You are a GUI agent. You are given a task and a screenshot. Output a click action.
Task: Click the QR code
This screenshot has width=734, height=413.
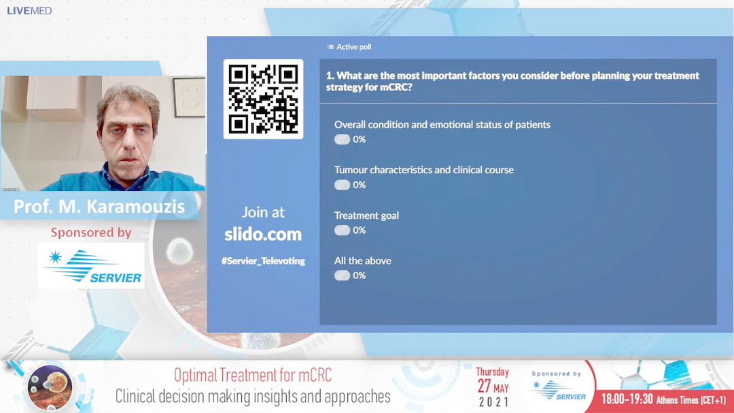pyautogui.click(x=263, y=99)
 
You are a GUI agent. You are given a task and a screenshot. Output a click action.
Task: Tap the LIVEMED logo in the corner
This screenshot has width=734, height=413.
pyautogui.click(x=29, y=11)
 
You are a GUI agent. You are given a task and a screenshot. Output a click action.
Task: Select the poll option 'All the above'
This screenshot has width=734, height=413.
pyautogui.click(x=363, y=261)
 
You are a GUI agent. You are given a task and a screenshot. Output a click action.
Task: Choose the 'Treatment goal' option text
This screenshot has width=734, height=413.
pyautogui.click(x=366, y=215)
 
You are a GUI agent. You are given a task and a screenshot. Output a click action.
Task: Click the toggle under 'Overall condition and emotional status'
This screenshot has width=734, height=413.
pyautogui.click(x=342, y=139)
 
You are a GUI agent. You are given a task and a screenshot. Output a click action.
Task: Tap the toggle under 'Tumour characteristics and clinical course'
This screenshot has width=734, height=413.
pyautogui.click(x=342, y=185)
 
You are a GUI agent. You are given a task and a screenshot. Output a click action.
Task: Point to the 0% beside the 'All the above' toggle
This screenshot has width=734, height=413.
pyautogui.click(x=360, y=276)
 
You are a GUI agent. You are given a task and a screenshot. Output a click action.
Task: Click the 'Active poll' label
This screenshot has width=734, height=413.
pyautogui.click(x=354, y=47)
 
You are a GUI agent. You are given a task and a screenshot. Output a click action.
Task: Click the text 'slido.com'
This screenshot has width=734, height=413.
pyautogui.click(x=263, y=234)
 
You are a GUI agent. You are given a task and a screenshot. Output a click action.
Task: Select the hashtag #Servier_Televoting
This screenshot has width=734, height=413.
pyautogui.click(x=263, y=261)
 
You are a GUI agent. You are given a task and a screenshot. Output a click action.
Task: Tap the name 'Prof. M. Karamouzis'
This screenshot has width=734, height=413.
pyautogui.click(x=99, y=206)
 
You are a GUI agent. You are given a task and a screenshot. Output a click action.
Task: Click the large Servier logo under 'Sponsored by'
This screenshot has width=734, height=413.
pyautogui.click(x=91, y=265)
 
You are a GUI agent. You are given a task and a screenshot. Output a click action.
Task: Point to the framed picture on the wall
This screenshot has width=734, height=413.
pyautogui.click(x=189, y=97)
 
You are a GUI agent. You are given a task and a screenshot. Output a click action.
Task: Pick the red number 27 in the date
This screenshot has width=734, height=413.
pyautogui.click(x=484, y=387)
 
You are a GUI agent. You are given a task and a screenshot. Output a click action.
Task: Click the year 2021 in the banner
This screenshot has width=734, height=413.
pyautogui.click(x=494, y=401)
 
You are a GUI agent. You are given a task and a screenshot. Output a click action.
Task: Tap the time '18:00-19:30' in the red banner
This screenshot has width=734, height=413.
pyautogui.click(x=627, y=399)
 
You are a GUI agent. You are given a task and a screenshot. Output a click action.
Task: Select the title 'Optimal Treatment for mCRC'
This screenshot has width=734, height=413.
pyautogui.click(x=253, y=375)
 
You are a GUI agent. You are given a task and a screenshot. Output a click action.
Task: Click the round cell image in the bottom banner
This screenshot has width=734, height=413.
pyautogui.click(x=50, y=387)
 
